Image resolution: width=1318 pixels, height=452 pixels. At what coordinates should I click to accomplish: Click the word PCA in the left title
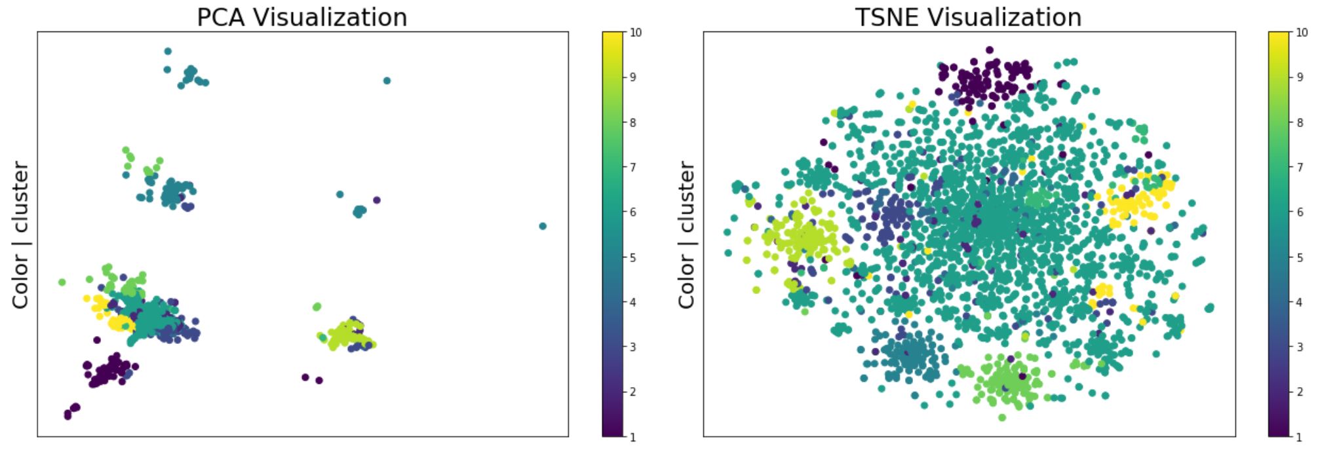coord(222,17)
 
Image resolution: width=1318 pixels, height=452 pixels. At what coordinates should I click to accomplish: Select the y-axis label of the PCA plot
coord(20,235)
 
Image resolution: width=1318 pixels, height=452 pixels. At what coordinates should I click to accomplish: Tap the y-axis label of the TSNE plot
coord(686,235)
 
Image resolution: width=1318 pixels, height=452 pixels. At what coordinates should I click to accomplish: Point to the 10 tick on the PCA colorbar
coord(635,32)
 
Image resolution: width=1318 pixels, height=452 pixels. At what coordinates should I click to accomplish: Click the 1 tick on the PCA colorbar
coord(632,436)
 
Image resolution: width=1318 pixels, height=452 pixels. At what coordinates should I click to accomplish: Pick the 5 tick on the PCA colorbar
coord(632,257)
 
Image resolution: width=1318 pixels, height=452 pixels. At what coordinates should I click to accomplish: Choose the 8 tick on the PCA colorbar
coord(632,122)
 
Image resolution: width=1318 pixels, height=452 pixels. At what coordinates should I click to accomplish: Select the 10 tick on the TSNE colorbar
coord(1302,32)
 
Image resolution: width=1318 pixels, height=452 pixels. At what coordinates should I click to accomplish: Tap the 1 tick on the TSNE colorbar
coord(1299,436)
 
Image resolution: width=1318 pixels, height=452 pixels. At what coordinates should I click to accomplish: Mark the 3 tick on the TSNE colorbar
coord(1299,347)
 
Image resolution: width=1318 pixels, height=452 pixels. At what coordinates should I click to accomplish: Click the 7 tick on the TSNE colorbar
coord(1299,167)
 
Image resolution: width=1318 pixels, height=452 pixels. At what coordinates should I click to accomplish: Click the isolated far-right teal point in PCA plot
coord(543,226)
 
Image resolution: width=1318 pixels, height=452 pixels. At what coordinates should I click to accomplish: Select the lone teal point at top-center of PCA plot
coord(387,81)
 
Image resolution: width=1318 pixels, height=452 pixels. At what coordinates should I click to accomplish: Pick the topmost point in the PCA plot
coord(168,51)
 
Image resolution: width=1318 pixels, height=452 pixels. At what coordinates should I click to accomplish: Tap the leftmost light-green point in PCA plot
coord(62,282)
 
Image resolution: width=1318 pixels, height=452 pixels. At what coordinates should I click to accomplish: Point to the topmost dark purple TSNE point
coord(990,50)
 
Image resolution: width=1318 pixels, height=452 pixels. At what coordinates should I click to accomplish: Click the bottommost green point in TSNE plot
coord(1001,417)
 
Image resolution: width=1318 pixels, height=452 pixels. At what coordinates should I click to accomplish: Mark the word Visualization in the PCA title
coord(330,17)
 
